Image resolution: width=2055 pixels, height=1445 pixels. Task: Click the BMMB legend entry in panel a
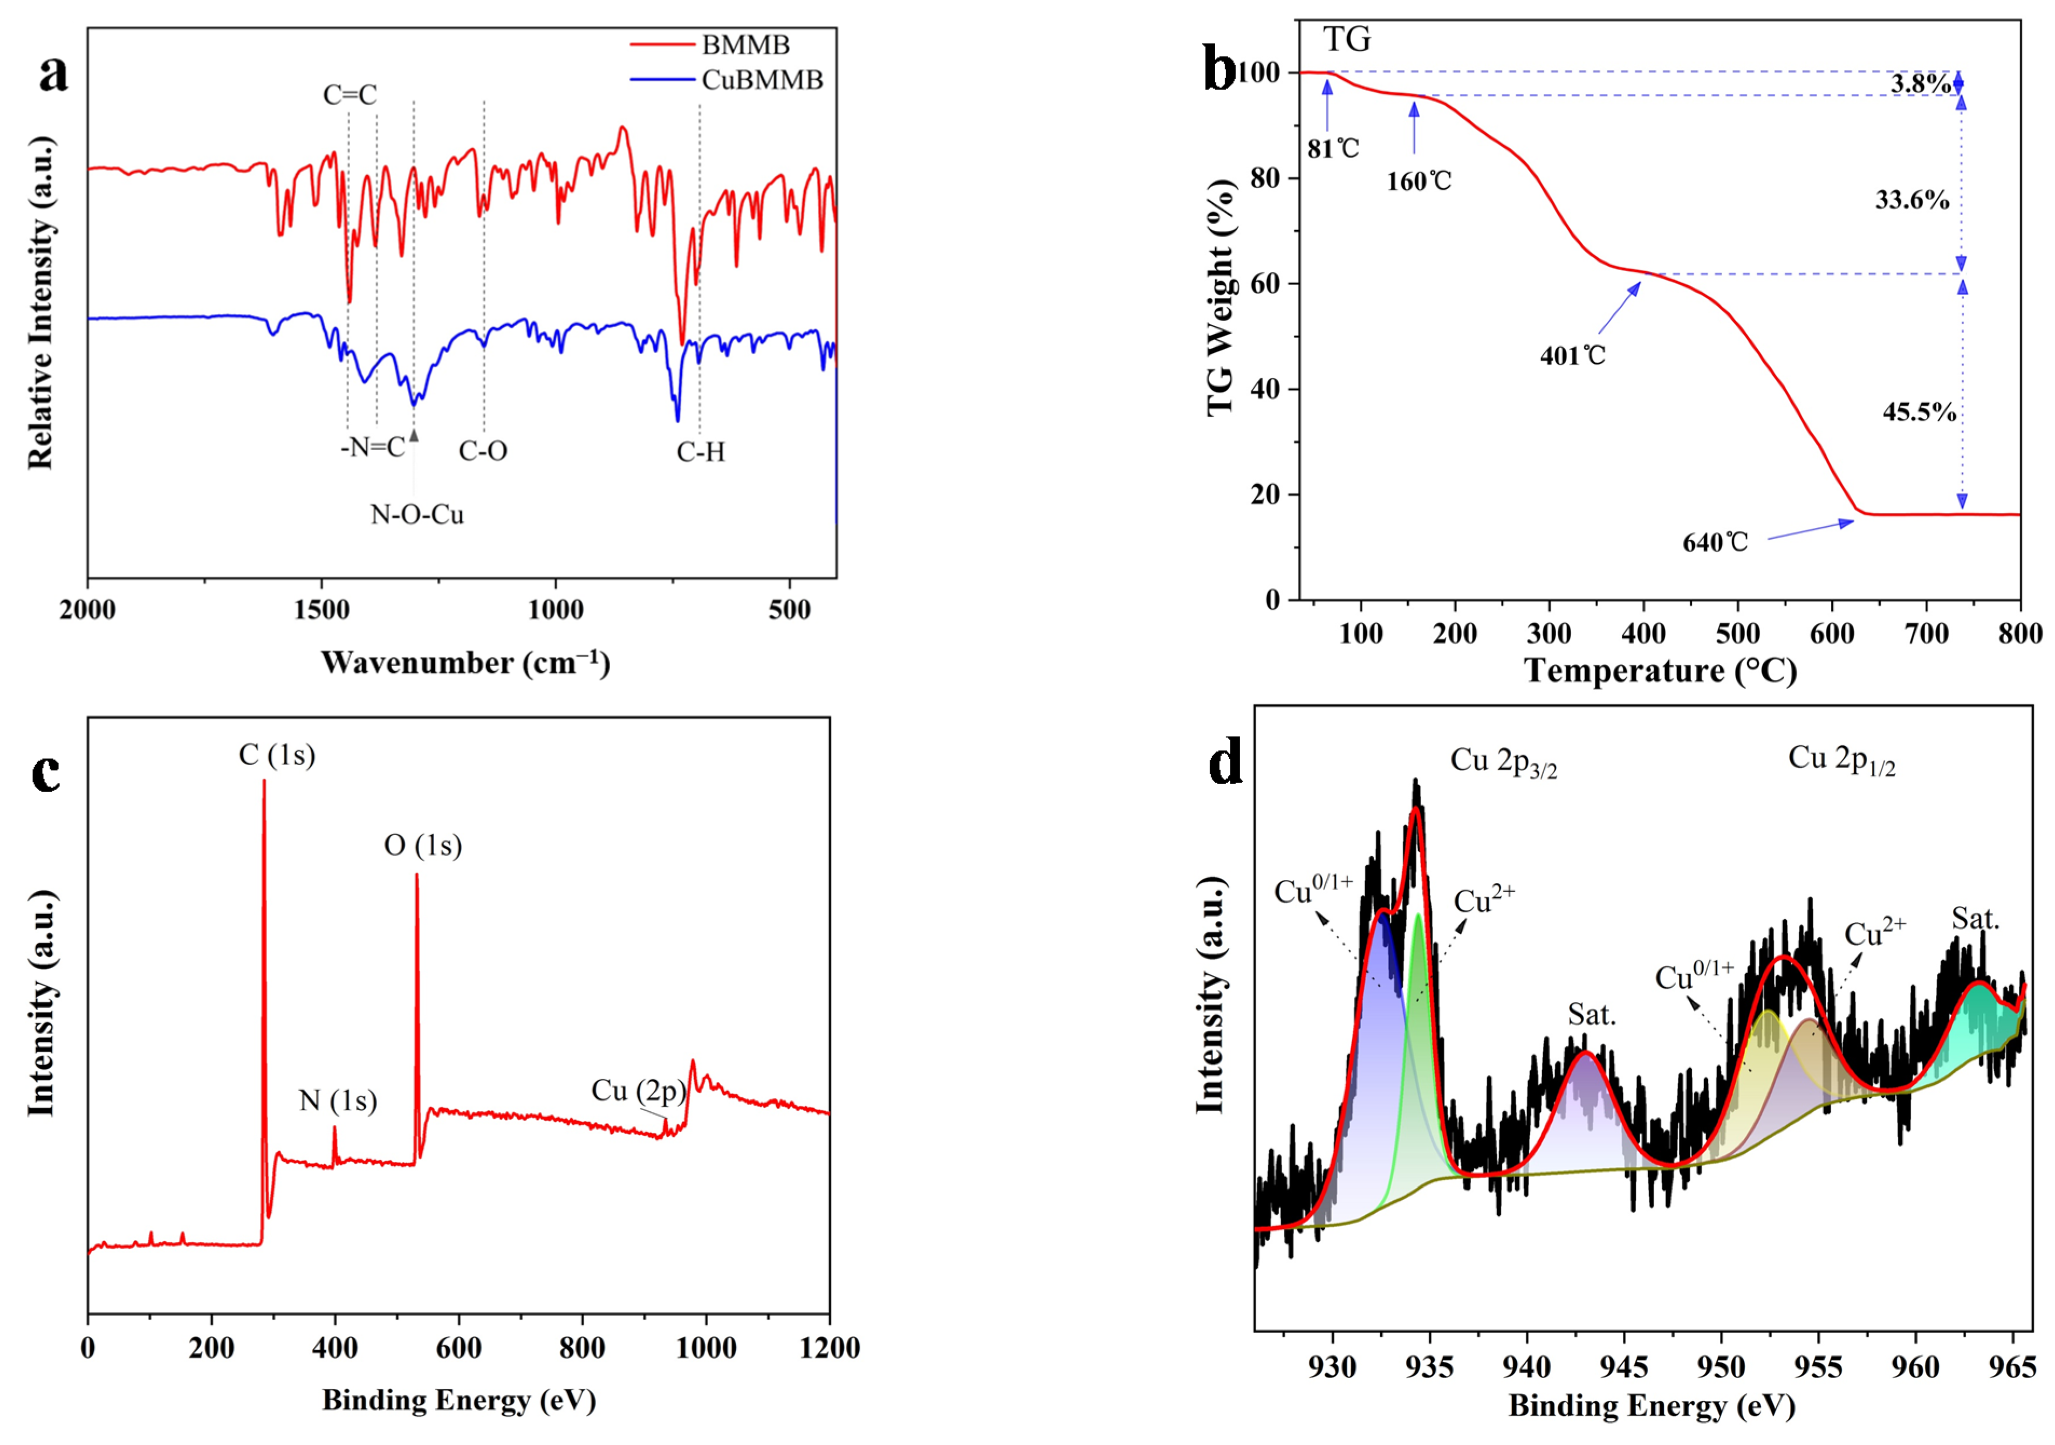[745, 45]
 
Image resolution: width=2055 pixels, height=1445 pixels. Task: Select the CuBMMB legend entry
[762, 80]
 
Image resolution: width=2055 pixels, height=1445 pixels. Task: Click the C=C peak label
[350, 95]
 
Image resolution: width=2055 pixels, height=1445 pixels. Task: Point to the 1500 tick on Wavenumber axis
[321, 610]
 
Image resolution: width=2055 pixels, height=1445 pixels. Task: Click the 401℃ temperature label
[1573, 356]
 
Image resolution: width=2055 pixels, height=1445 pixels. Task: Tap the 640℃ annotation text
[1715, 543]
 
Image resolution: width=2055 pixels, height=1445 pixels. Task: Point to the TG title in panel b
[1347, 40]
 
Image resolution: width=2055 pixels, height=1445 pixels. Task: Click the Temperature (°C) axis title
[1660, 671]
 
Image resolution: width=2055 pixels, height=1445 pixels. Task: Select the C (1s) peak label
[277, 755]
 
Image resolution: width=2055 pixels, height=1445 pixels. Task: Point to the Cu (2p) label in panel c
[638, 1091]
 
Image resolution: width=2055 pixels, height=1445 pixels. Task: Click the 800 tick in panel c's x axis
[583, 1348]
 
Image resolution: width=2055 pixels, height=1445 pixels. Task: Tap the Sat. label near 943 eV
[1591, 1015]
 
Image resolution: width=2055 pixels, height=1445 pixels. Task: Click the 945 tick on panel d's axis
[1624, 1368]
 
